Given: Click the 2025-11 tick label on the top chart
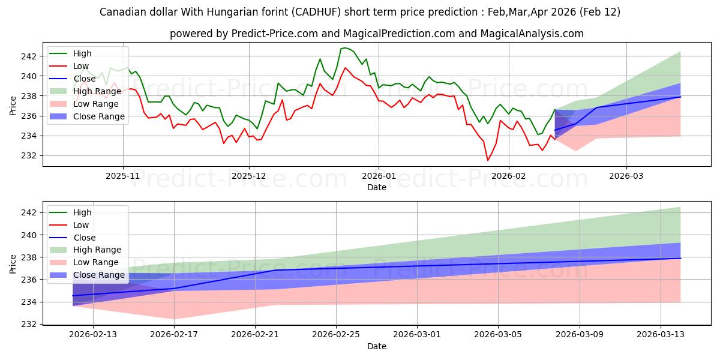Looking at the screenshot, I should (123, 176).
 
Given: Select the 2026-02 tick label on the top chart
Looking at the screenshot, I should (509, 176).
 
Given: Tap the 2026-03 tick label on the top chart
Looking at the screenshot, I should (626, 176).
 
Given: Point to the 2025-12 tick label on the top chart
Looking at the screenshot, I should (249, 176).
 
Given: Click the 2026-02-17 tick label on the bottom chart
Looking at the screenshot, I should (174, 335).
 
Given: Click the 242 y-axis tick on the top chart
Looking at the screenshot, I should (29, 56).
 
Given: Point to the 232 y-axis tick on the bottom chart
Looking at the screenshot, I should (29, 324).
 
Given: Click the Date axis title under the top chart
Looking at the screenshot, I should (377, 187).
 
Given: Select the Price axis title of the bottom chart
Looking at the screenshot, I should (13, 263).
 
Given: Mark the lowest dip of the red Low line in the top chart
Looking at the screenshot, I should (487, 160).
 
